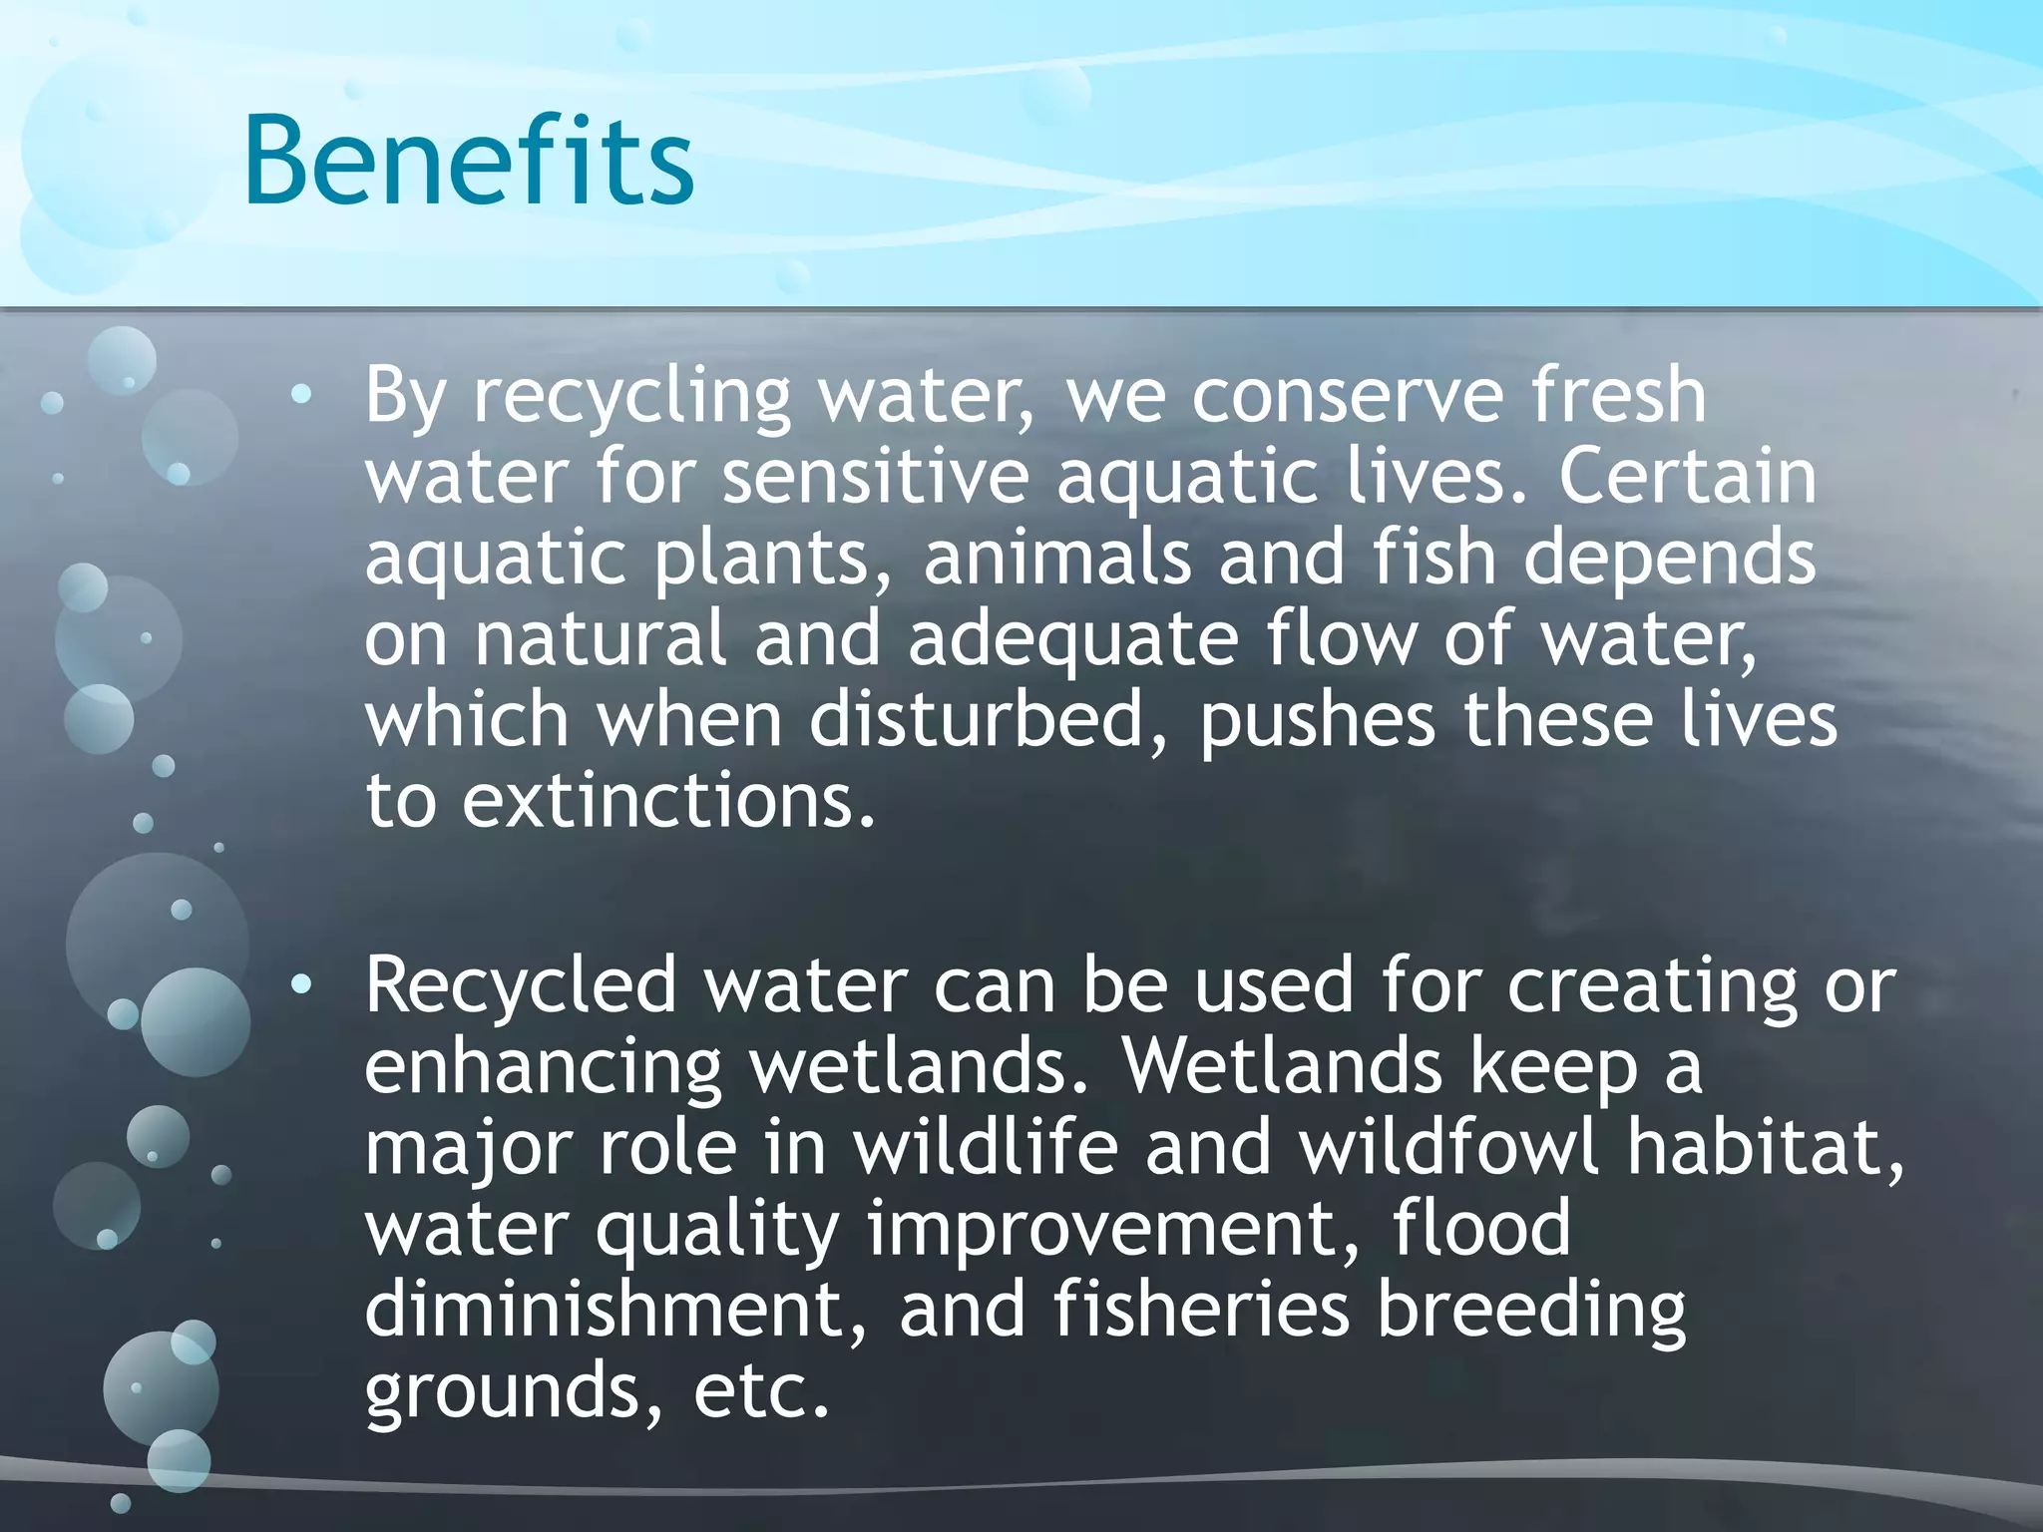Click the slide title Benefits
tap(469, 162)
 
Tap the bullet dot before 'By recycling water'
tap(301, 396)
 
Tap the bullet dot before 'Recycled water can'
tap(301, 986)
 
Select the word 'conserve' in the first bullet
tap(1348, 396)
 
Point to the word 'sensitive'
tap(875, 477)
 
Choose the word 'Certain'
tap(1687, 477)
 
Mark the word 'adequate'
tap(1073, 639)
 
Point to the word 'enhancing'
tap(543, 1068)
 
